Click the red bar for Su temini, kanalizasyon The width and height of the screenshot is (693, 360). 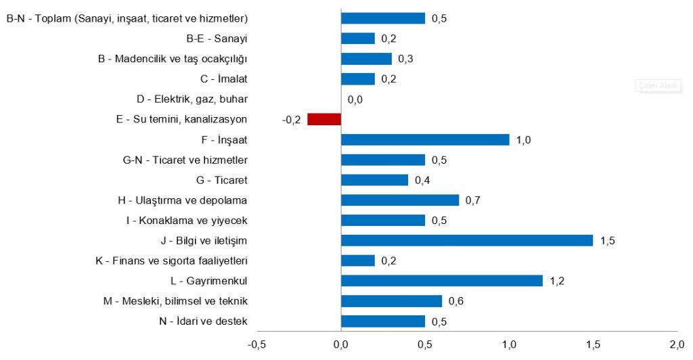[x=324, y=119]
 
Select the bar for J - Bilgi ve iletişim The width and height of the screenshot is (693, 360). [x=467, y=240]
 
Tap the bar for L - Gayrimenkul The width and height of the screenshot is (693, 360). [x=442, y=280]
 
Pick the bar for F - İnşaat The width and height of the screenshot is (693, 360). [x=425, y=139]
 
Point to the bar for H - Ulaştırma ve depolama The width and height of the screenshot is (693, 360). [x=400, y=200]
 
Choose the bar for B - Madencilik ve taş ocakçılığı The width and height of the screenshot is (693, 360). [x=366, y=59]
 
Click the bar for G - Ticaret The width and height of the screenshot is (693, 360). [x=375, y=180]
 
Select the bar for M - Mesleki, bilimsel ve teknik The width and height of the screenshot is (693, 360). [x=391, y=300]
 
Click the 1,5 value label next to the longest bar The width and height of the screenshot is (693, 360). [x=607, y=241]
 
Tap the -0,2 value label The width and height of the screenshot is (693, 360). [x=291, y=120]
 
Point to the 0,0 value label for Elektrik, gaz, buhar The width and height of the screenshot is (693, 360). [x=355, y=99]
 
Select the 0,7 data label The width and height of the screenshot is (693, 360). [x=472, y=200]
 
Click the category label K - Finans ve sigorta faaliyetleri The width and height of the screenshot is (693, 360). [x=173, y=261]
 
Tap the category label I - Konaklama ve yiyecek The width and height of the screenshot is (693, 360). [x=187, y=221]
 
